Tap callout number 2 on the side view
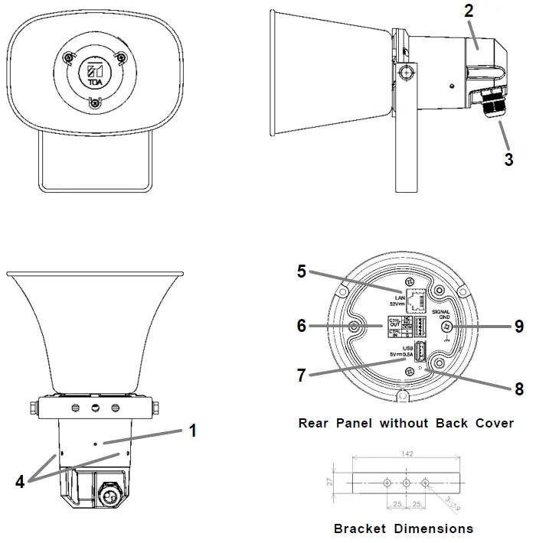[469, 11]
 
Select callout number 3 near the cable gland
[508, 160]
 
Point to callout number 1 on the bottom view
[193, 431]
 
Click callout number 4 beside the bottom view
[20, 482]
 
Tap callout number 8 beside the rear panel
[518, 389]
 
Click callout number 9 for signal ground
[518, 327]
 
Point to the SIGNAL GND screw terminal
[447, 327]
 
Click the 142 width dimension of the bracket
[407, 454]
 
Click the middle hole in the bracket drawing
[407, 483]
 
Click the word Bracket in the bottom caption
[358, 528]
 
